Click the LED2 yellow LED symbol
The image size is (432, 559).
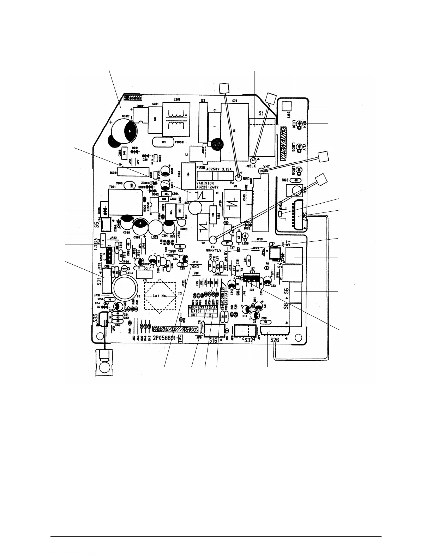pos(300,146)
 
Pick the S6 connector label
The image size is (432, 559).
pos(287,291)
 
